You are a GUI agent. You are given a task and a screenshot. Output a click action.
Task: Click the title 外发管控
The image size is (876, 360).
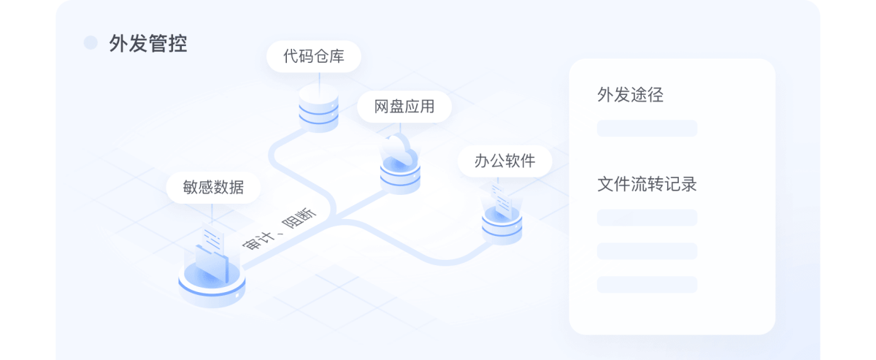click(x=148, y=44)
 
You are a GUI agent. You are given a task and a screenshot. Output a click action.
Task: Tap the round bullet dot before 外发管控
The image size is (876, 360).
click(x=91, y=43)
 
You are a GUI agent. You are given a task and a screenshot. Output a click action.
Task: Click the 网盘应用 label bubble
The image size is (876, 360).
click(x=404, y=107)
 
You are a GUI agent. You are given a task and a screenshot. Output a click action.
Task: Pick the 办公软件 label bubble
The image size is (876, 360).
click(x=505, y=161)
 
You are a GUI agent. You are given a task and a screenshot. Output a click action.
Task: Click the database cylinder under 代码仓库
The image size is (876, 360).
click(x=319, y=107)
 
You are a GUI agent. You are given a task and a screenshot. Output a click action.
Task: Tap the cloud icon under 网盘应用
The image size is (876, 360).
click(x=399, y=151)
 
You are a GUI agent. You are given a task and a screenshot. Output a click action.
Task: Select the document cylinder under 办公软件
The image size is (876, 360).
click(x=502, y=219)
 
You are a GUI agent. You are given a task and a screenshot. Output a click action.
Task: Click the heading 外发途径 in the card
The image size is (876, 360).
click(x=631, y=95)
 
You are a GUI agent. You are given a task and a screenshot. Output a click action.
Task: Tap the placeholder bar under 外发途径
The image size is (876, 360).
click(x=647, y=129)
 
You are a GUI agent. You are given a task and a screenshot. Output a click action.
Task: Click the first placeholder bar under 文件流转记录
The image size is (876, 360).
click(x=647, y=218)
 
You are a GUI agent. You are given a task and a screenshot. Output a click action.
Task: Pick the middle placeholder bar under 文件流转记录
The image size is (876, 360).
click(x=647, y=251)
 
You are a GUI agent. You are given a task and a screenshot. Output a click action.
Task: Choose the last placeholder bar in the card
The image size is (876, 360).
click(x=647, y=284)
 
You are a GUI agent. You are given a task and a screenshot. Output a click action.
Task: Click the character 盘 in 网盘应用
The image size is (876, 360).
click(x=397, y=107)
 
